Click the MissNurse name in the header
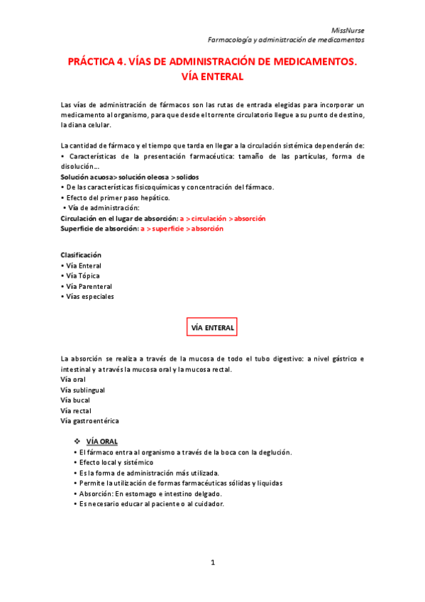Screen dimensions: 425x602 pyautogui.click(x=348, y=30)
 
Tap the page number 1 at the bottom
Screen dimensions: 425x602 pyautogui.click(x=212, y=562)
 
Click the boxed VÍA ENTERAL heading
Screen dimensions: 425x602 pyautogui.click(x=211, y=327)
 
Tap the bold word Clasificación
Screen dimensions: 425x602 pyautogui.click(x=81, y=255)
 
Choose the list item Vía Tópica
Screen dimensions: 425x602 pyautogui.click(x=82, y=275)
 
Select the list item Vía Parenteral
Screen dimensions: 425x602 pyautogui.click(x=89, y=286)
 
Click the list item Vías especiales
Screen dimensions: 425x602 pyautogui.click(x=89, y=296)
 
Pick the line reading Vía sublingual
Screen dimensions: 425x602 pyautogui.click(x=84, y=390)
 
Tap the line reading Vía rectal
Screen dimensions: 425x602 pyautogui.click(x=77, y=410)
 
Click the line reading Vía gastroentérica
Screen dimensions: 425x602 pyautogui.click(x=90, y=421)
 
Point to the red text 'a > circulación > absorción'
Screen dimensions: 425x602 pyautogui.click(x=223, y=219)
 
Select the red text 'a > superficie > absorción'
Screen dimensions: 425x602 pyautogui.click(x=182, y=229)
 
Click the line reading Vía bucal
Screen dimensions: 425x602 pyautogui.click(x=77, y=400)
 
